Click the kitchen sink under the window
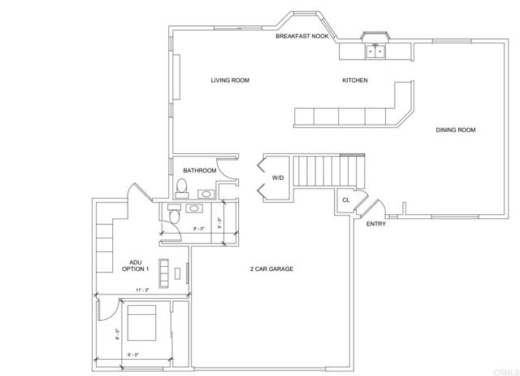376,50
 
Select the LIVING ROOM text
229,81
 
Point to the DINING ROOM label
455,129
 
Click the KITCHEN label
355,81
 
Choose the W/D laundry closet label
278,177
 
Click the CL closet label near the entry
345,199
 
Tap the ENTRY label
376,224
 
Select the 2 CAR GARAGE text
271,269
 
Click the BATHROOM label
199,171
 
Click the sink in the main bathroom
206,195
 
